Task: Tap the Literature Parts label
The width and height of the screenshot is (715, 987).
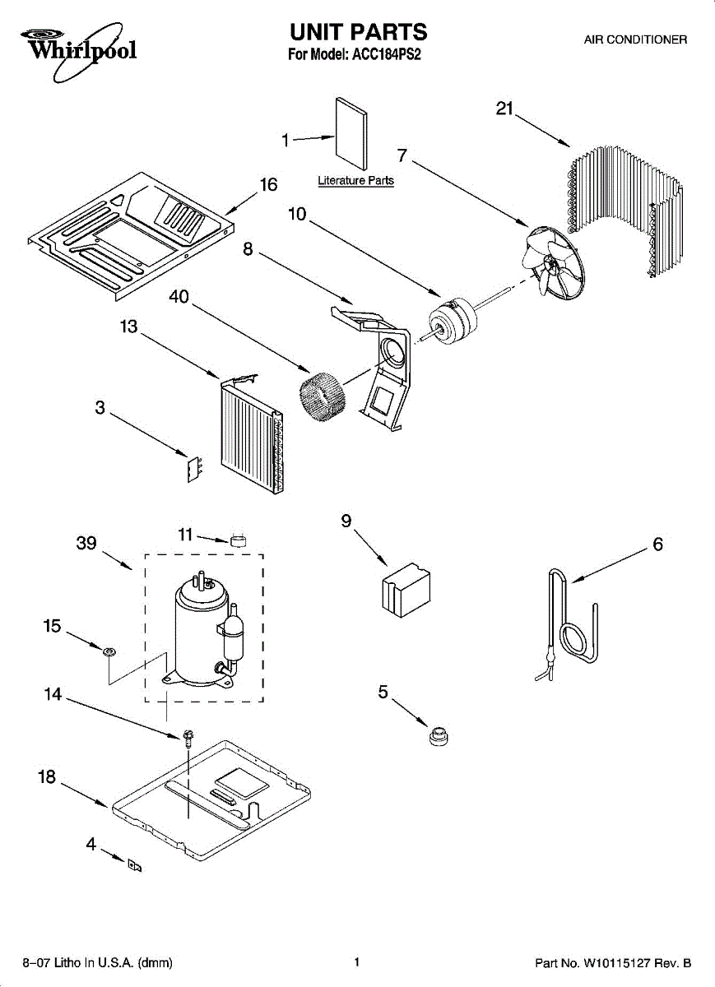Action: tap(355, 181)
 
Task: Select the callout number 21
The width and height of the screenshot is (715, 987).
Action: tap(504, 109)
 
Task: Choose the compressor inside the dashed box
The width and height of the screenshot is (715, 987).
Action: tap(204, 628)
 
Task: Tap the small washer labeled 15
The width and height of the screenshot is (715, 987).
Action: tap(109, 652)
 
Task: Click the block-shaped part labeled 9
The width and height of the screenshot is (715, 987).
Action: tap(406, 590)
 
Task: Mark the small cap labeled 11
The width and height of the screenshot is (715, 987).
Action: tap(239, 540)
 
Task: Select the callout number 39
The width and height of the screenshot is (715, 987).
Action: tap(86, 543)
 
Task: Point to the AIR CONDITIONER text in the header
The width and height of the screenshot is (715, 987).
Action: tap(635, 39)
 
